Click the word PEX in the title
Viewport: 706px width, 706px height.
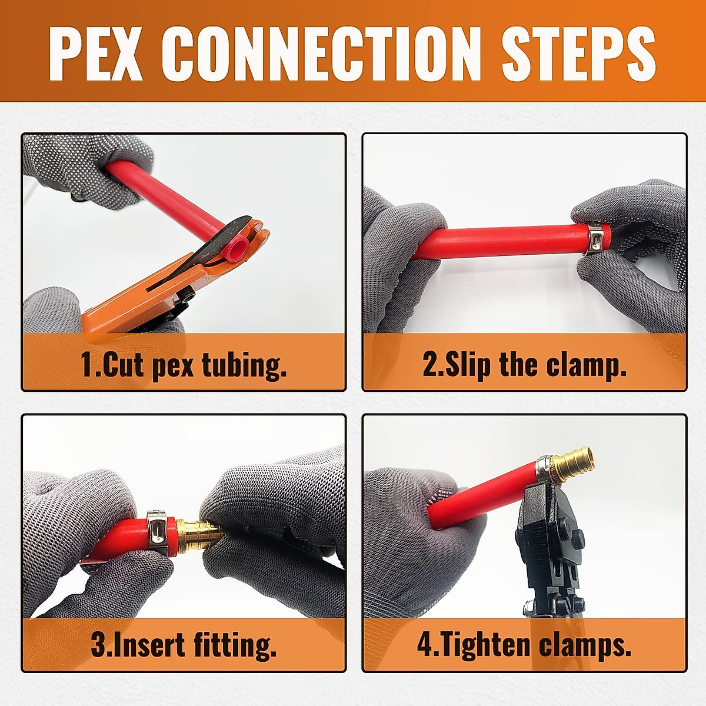point(95,53)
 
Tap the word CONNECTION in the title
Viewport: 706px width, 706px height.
point(321,53)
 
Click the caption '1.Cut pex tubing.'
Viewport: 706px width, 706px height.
point(184,365)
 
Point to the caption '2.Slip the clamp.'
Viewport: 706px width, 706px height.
point(524,365)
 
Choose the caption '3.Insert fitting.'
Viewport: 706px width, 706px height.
point(184,645)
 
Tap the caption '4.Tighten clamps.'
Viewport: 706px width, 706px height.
point(524,645)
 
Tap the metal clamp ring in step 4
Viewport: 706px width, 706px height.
point(544,468)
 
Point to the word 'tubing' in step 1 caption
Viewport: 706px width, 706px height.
point(244,365)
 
